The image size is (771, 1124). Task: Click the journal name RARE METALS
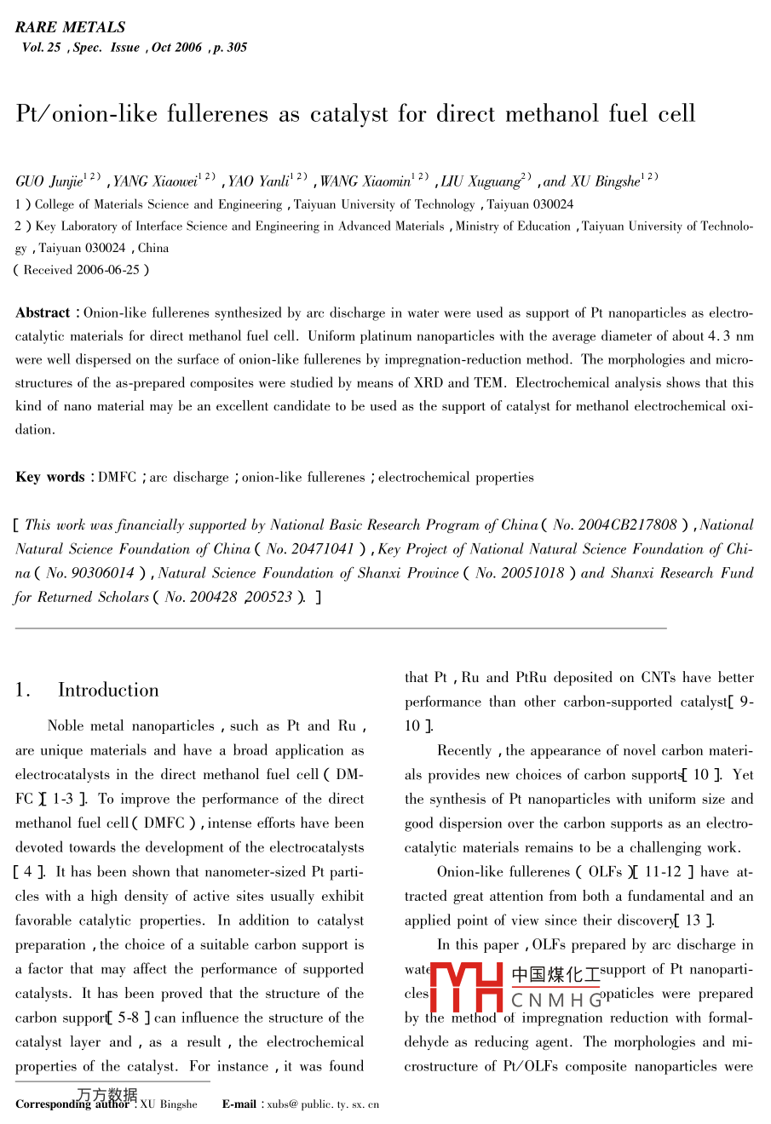coord(70,27)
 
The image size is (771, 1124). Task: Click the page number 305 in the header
coord(236,48)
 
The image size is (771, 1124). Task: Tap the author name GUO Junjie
coord(49,181)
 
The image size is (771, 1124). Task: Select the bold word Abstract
coord(43,313)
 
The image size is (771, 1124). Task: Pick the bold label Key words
coord(49,478)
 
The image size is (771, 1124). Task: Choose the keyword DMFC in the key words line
coord(117,478)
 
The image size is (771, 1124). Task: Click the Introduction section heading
coord(108,691)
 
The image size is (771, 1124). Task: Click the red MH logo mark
coord(466,987)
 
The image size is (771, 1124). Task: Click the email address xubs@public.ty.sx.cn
coord(323,1105)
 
